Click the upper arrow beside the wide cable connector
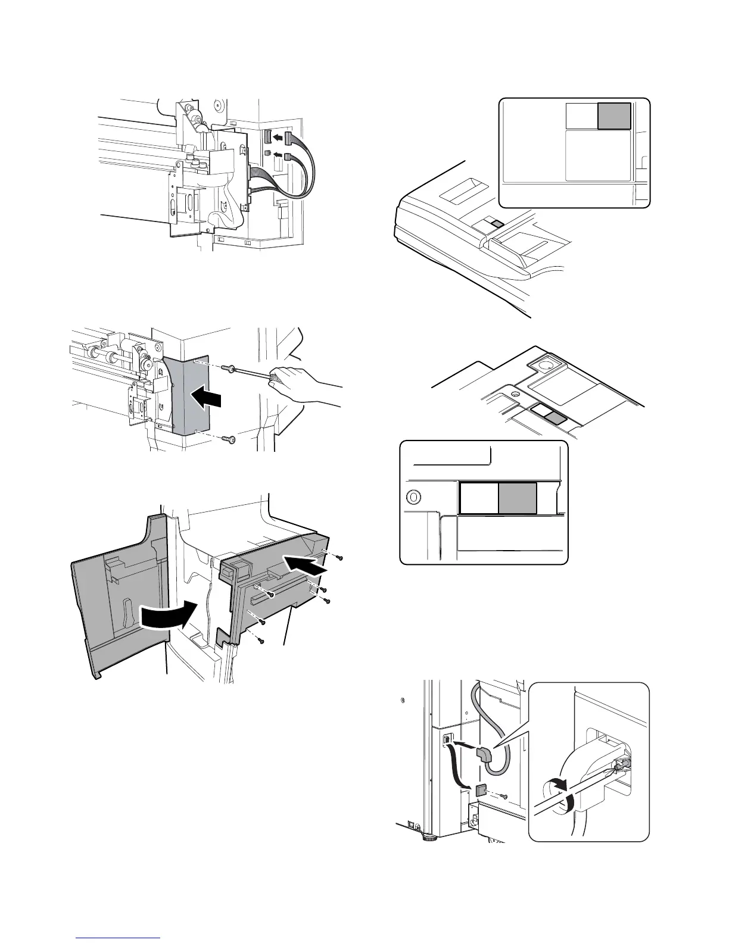tap(276, 138)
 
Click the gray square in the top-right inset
tap(614, 115)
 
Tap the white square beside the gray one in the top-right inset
tap(581, 115)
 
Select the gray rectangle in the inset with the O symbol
tap(518, 498)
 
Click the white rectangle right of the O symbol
tap(479, 498)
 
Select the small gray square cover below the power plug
tap(482, 789)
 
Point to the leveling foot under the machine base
tap(427, 839)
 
